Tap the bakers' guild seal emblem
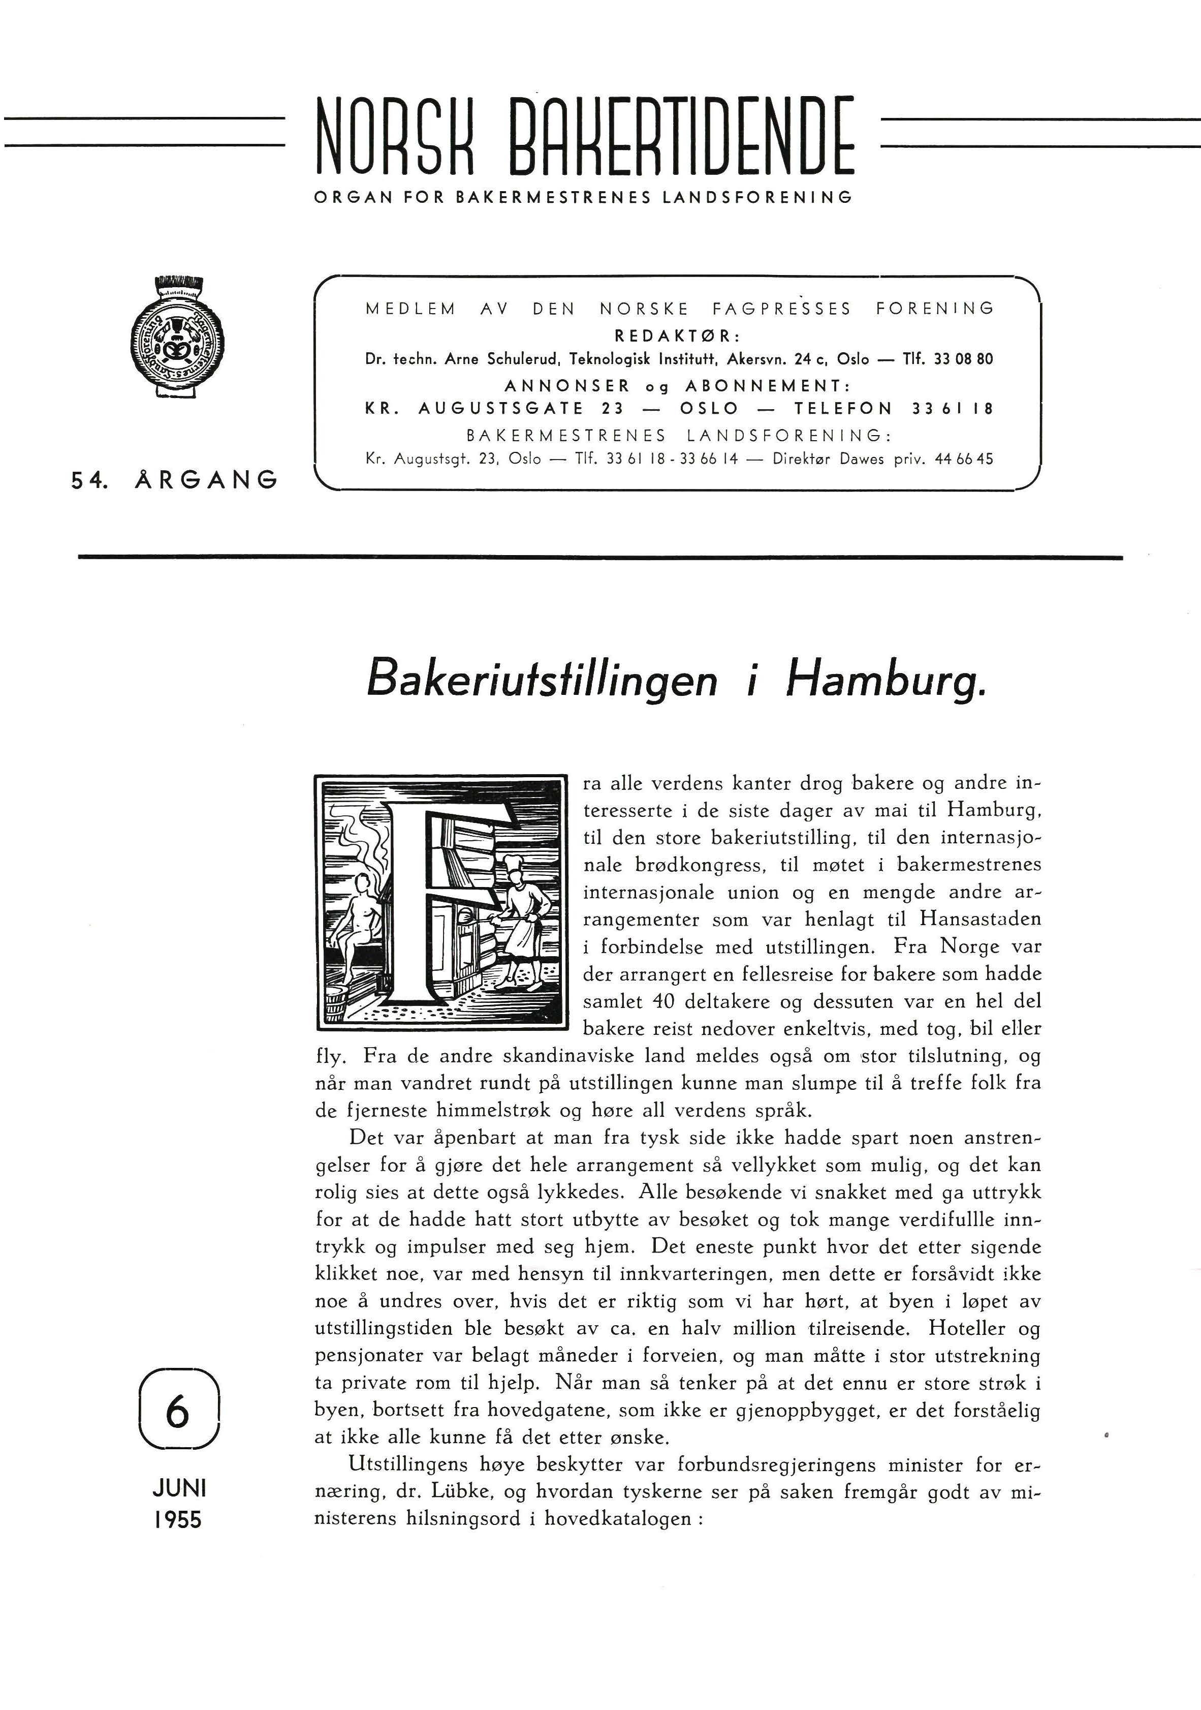pos(179,339)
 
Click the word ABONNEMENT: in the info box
pos(767,386)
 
